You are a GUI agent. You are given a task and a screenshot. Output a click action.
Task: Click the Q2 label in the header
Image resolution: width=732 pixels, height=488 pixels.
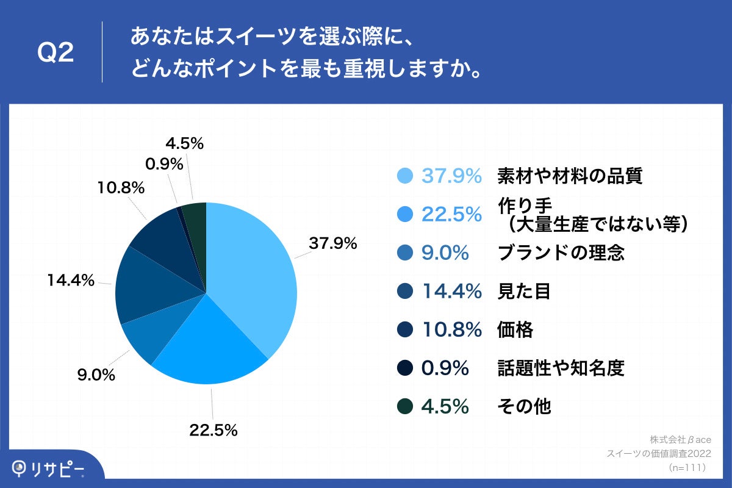(56, 54)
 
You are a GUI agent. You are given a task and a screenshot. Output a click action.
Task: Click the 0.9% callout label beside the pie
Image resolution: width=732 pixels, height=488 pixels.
(164, 163)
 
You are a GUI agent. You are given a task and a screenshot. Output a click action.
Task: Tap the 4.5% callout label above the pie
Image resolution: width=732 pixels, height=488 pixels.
(184, 143)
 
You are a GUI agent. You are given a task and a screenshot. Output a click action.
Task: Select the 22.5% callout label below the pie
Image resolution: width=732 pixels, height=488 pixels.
(213, 430)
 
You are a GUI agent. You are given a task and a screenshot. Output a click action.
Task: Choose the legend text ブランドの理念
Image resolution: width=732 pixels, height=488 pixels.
(561, 253)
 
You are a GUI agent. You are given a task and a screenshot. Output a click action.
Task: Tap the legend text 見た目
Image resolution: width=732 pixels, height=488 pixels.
(524, 292)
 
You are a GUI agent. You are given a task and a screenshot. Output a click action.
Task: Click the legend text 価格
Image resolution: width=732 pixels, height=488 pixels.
(515, 330)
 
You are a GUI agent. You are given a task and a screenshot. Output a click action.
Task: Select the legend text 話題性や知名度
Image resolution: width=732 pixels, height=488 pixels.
(561, 368)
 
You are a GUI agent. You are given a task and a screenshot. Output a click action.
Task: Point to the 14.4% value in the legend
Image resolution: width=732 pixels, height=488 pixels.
(452, 292)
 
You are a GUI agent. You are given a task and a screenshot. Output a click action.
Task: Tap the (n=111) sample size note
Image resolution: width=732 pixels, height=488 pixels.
(687, 467)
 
